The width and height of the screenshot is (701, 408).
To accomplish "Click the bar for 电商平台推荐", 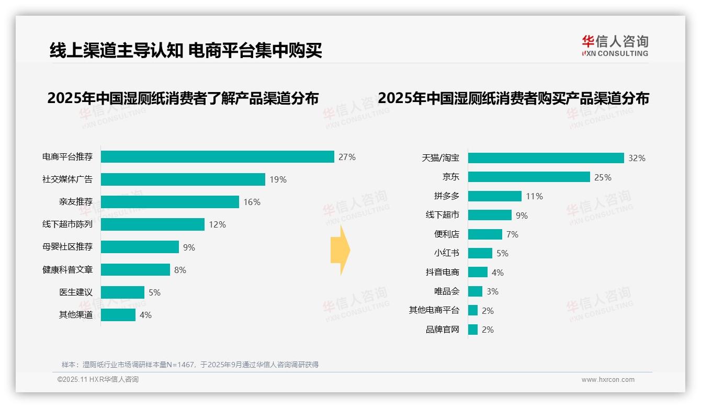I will [x=217, y=157].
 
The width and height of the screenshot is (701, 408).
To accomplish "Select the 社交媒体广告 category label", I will [x=67, y=179].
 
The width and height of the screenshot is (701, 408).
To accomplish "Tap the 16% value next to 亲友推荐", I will [x=252, y=202].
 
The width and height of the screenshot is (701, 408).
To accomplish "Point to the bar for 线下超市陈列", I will [x=152, y=224].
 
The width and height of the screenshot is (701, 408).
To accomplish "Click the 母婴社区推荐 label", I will [x=67, y=247].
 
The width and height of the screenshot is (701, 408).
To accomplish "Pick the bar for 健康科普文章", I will [x=135, y=269].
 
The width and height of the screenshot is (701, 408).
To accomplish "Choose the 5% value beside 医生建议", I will [x=154, y=292].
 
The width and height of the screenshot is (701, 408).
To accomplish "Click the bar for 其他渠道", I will [x=118, y=315].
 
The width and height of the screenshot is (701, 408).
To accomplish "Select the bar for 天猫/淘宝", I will [x=546, y=158].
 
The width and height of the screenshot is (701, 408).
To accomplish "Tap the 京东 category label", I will [x=450, y=177].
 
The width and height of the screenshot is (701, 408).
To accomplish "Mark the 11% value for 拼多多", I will [x=534, y=196].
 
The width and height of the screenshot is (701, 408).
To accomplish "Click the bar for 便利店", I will [x=485, y=234].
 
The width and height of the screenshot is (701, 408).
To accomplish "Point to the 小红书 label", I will [x=446, y=253].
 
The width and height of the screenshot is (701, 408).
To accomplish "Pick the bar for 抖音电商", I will [x=478, y=273].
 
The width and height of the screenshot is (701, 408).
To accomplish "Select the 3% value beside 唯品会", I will [x=492, y=291].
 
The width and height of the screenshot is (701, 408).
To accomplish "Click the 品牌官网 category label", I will [x=442, y=330].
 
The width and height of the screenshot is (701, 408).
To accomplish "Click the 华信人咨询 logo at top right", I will [x=615, y=46].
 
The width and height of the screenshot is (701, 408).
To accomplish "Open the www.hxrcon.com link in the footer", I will [x=607, y=380].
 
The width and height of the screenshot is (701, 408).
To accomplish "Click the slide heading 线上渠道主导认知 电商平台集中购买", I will [x=185, y=50].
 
